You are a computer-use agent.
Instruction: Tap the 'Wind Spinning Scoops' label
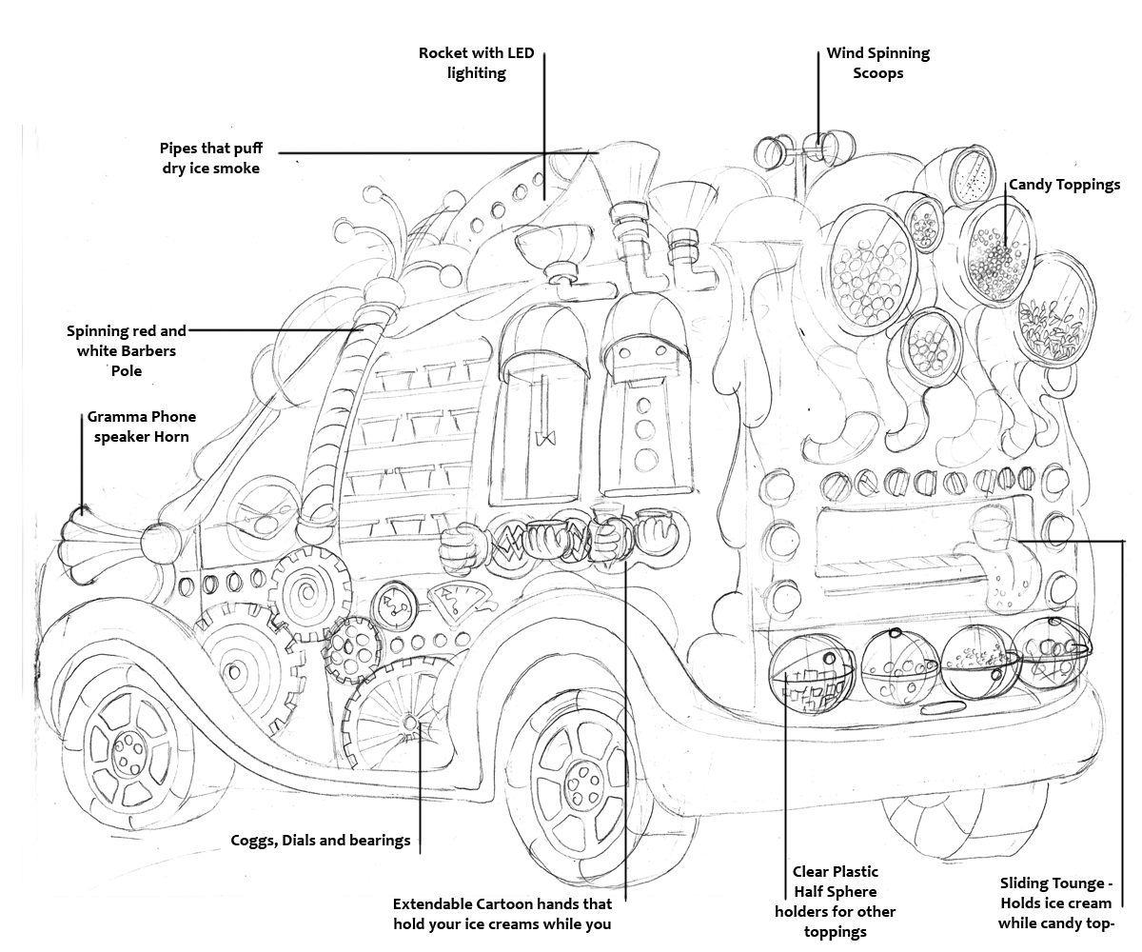(x=877, y=63)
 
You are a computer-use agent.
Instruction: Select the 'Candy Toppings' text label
(x=1064, y=185)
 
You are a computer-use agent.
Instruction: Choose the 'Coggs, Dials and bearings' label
(x=321, y=841)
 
